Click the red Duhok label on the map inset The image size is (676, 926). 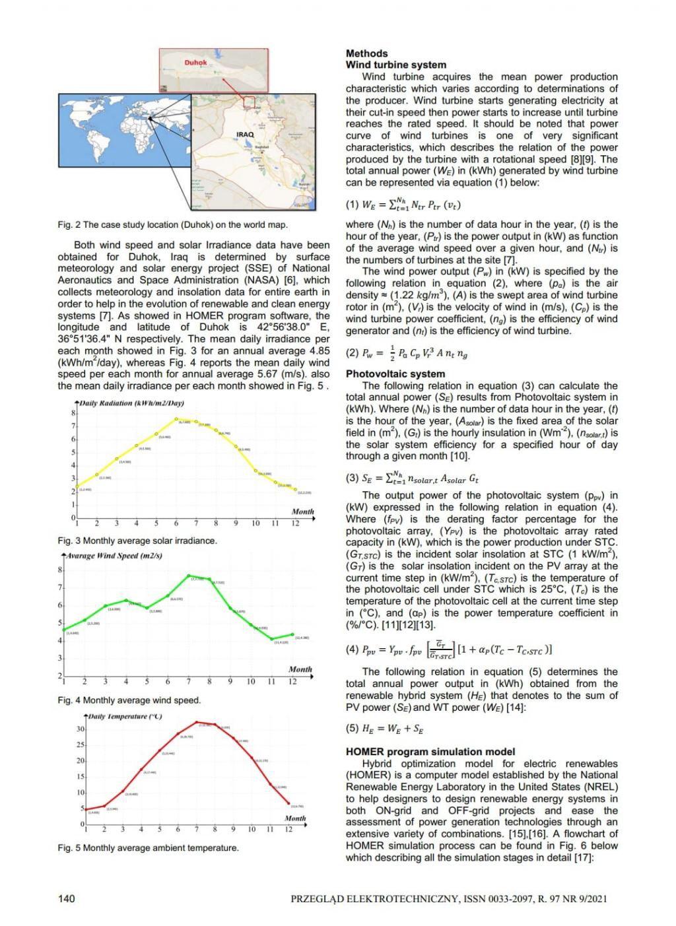pyautogui.click(x=195, y=63)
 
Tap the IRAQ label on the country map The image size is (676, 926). pyautogui.click(x=244, y=134)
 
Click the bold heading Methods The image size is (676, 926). pyautogui.click(x=366, y=53)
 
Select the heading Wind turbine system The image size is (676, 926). pyautogui.click(x=395, y=65)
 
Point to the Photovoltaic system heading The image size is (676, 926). pyautogui.click(x=395, y=374)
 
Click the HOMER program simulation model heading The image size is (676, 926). pyautogui.click(x=430, y=752)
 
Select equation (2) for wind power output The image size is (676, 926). pyautogui.click(x=407, y=353)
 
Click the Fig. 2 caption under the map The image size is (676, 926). pyautogui.click(x=172, y=224)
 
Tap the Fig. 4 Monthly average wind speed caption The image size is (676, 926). pyautogui.click(x=129, y=700)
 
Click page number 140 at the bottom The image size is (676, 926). pyautogui.click(x=66, y=898)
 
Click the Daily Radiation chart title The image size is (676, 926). pyautogui.click(x=131, y=403)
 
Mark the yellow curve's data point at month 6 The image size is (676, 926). pyautogui.click(x=176, y=419)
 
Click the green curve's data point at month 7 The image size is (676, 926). pyautogui.click(x=188, y=576)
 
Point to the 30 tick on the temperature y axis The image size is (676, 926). pyautogui.click(x=80, y=729)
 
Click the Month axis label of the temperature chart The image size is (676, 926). pyautogui.click(x=294, y=818)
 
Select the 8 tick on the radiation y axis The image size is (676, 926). pyautogui.click(x=73, y=413)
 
